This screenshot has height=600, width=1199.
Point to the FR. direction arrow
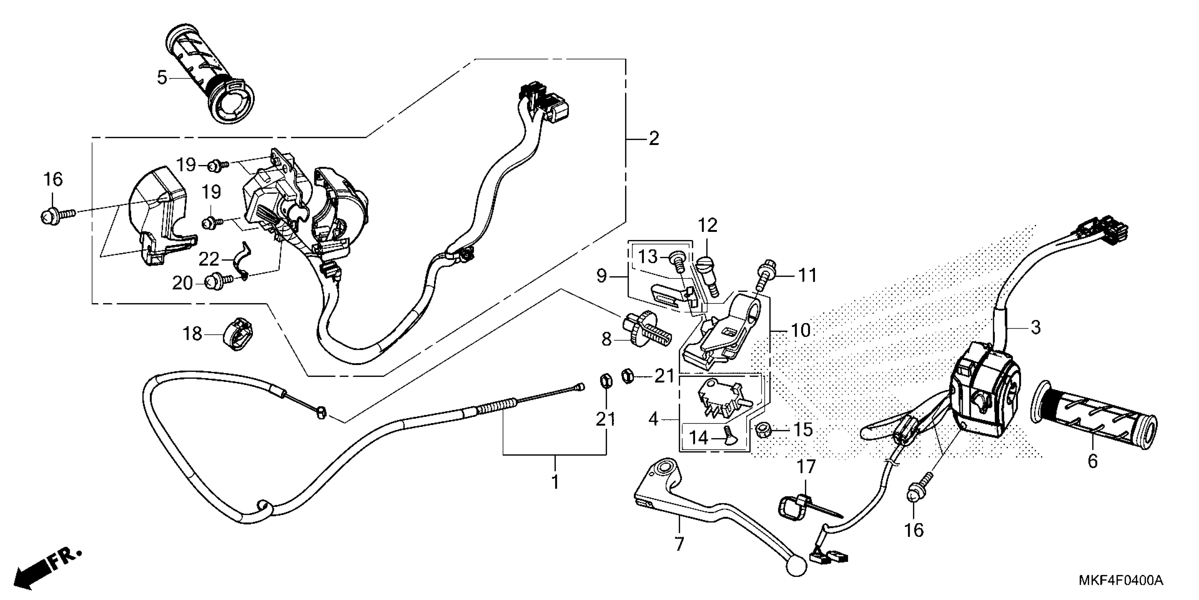(47, 569)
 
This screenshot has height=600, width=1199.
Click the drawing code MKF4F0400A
(1120, 581)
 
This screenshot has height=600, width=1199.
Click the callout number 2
(653, 138)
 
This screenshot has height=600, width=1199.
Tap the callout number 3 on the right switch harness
(1035, 328)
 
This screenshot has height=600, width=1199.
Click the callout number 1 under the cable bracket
(555, 482)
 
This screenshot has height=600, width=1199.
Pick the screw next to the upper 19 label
(217, 166)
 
